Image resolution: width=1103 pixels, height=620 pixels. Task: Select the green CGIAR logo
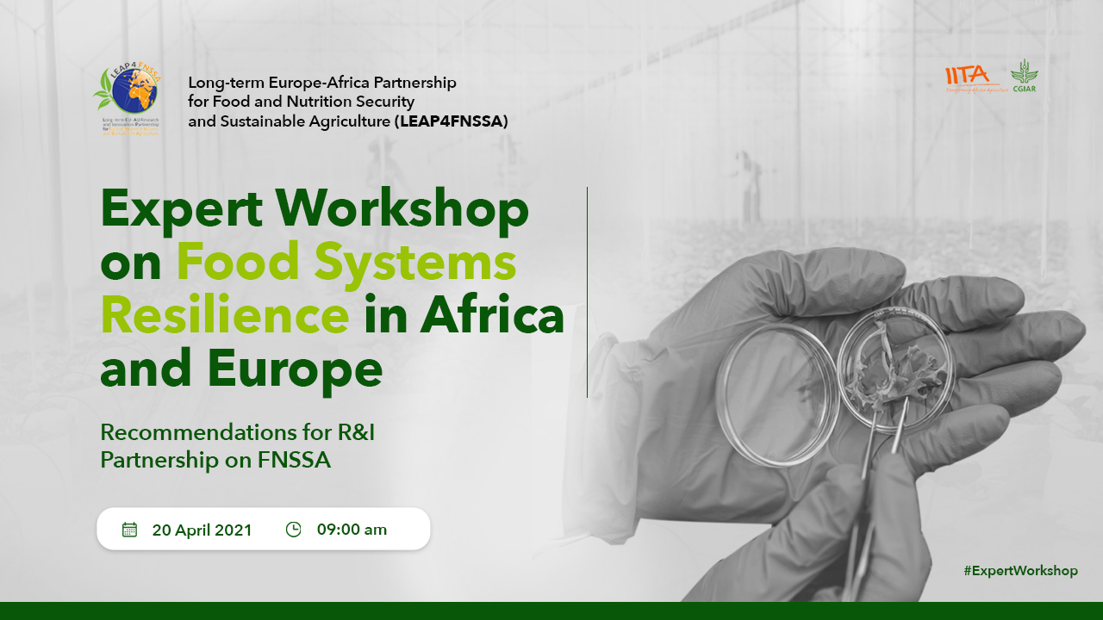click(x=1025, y=76)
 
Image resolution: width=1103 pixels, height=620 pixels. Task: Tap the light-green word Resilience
click(x=225, y=315)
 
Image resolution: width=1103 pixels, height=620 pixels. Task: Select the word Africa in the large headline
click(x=492, y=315)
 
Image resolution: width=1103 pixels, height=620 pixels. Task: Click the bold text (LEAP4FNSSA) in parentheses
click(x=452, y=121)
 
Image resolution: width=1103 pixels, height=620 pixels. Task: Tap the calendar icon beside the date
click(x=130, y=529)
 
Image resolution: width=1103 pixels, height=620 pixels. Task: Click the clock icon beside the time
click(x=293, y=529)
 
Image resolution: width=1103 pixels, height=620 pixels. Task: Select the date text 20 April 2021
click(x=202, y=530)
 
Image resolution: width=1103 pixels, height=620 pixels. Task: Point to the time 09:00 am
click(x=352, y=530)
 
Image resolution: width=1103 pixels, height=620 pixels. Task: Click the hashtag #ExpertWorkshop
click(x=1020, y=571)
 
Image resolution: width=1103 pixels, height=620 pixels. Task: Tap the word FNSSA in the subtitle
click(x=294, y=460)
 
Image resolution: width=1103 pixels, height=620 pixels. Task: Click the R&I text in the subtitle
click(x=349, y=431)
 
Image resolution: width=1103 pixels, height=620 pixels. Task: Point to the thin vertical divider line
click(x=587, y=293)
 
